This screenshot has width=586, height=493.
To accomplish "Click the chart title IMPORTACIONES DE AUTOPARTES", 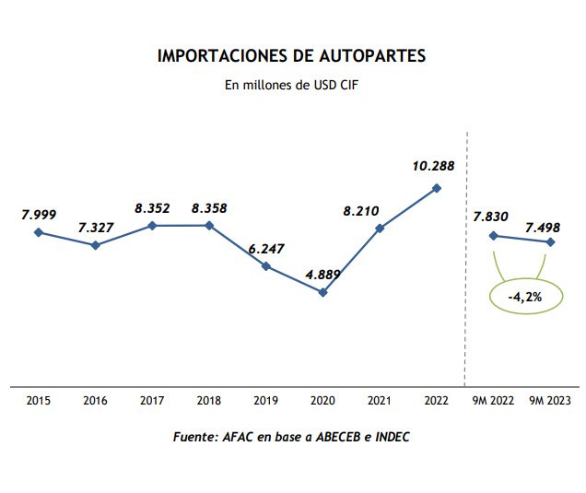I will (292, 56).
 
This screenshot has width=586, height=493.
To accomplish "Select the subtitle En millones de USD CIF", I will (291, 85).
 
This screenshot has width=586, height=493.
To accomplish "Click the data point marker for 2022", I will (437, 188).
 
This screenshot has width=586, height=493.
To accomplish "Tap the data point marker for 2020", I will (322, 292).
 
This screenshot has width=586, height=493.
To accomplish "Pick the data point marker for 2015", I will (39, 232).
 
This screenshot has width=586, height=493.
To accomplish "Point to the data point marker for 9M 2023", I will (551, 242).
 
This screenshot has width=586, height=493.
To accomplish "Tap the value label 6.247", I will (265, 247).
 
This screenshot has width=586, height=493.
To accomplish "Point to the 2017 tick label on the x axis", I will (152, 401).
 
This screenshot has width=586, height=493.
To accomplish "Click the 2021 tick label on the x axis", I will (380, 401).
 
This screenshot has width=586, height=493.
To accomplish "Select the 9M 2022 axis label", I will (493, 401).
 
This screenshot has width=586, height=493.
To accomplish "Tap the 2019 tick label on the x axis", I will (265, 401).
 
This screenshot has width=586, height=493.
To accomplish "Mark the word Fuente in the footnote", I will (194, 436).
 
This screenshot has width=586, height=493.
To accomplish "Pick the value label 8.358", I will (209, 208).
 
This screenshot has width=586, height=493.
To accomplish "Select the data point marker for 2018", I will (209, 225).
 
